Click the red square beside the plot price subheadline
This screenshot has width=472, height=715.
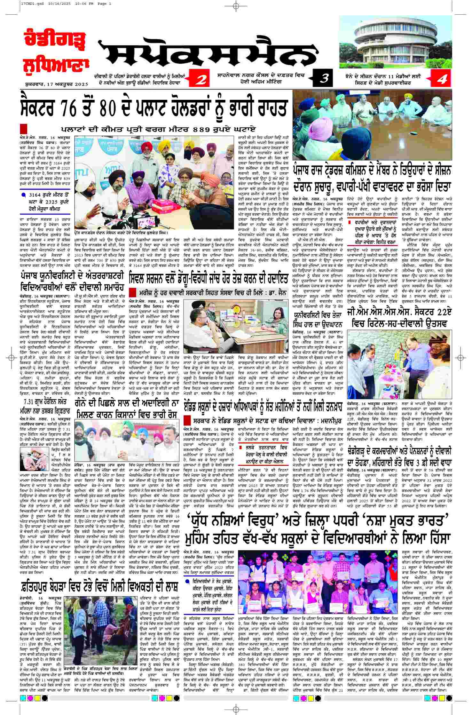[x=23, y=129]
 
